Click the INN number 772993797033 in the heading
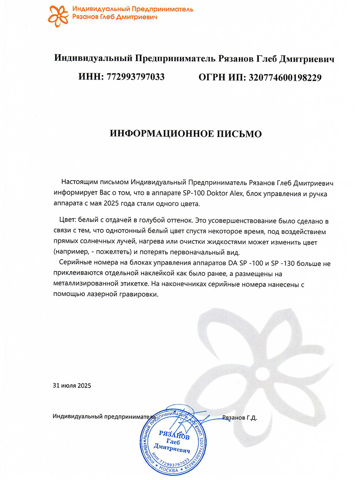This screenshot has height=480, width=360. (x=136, y=77)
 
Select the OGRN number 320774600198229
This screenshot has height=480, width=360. (x=285, y=77)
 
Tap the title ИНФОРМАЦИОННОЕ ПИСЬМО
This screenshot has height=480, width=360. (x=186, y=134)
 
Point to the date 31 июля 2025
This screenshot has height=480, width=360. (x=72, y=386)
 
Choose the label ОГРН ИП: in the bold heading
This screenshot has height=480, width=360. (x=222, y=77)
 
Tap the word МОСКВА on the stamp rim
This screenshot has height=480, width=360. (x=171, y=468)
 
